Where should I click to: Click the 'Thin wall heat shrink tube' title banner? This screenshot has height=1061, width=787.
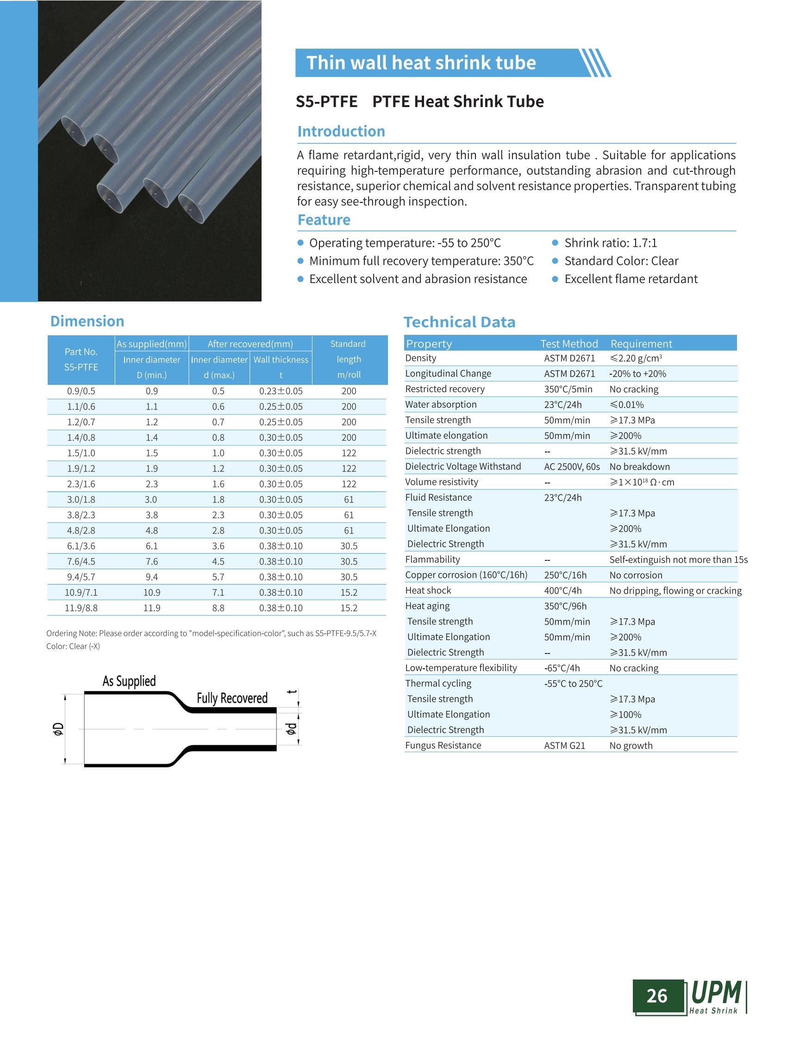click(421, 63)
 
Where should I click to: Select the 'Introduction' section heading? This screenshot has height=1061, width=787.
click(341, 131)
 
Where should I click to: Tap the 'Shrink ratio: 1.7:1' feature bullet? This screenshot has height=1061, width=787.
click(610, 243)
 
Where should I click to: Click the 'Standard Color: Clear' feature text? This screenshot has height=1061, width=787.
click(621, 261)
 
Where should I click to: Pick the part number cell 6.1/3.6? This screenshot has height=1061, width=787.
click(81, 546)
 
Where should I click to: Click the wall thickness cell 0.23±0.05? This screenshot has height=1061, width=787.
click(281, 391)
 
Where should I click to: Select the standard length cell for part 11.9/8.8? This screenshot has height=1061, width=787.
click(349, 608)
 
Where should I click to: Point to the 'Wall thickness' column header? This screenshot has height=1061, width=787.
click(281, 360)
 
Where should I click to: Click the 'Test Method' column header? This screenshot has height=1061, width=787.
click(569, 344)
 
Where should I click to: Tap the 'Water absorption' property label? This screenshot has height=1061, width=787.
click(441, 405)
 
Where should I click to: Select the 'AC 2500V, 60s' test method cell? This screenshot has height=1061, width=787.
click(572, 467)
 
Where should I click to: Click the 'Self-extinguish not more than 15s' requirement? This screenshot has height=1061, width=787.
click(678, 559)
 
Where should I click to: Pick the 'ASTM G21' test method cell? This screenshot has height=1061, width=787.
click(564, 746)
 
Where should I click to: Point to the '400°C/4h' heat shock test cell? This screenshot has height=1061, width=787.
click(562, 590)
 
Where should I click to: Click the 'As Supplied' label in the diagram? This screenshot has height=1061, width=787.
click(129, 681)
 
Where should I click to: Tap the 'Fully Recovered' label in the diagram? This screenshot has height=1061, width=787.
click(232, 698)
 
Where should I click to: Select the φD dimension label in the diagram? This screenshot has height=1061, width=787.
click(58, 729)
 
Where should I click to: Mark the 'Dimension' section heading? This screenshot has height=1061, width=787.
click(87, 321)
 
